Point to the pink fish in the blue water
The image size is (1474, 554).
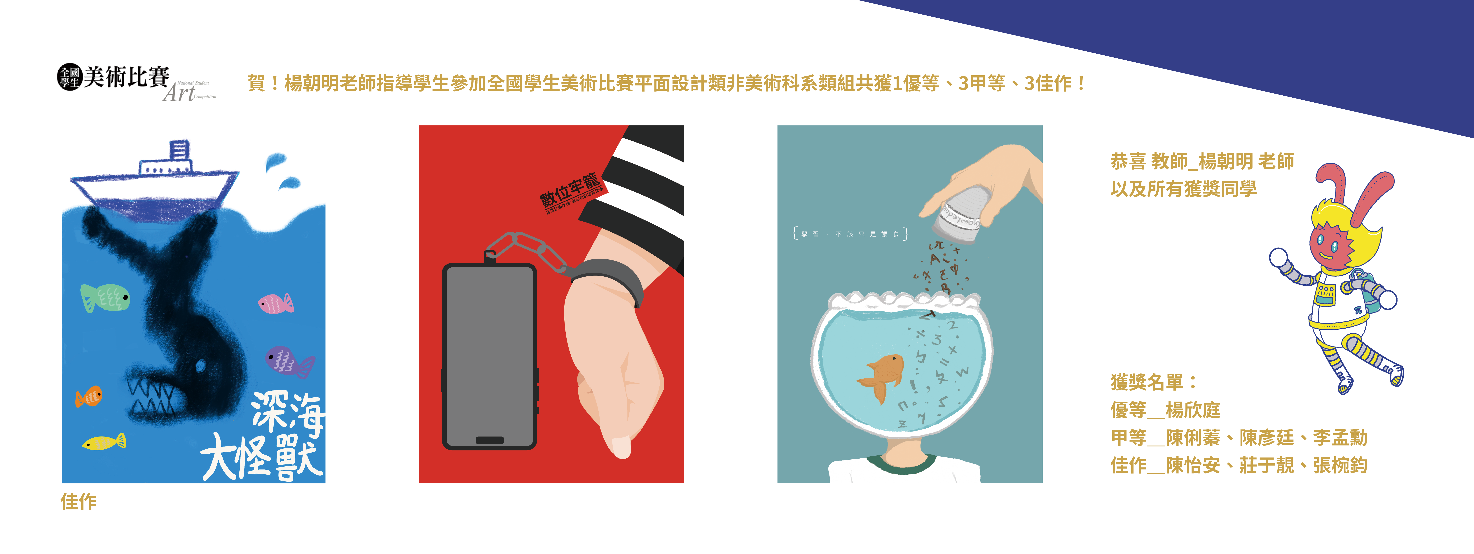coord(275,303)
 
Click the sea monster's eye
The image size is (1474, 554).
coord(200,364)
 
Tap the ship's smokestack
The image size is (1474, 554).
coord(179,151)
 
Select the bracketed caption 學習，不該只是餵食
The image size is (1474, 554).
coord(850,233)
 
